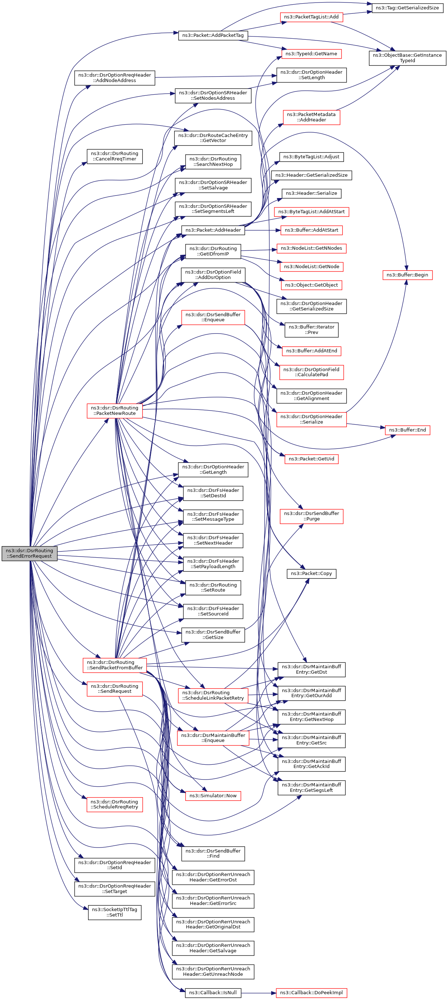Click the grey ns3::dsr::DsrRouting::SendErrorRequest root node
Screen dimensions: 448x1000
click(x=30, y=553)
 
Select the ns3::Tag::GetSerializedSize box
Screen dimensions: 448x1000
click(x=407, y=8)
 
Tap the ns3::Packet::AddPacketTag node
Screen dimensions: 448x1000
click(x=213, y=35)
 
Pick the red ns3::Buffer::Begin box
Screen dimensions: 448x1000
click(x=407, y=275)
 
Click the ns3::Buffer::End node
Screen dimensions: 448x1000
click(x=407, y=430)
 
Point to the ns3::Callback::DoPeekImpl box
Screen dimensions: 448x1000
click(x=312, y=993)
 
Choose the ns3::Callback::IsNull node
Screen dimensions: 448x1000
click(x=213, y=993)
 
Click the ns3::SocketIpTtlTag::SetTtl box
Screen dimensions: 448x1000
click(x=114, y=912)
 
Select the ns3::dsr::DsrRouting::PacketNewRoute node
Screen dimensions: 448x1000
click(x=114, y=411)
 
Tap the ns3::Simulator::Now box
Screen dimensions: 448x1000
click(x=213, y=796)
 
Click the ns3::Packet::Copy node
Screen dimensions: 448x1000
click(x=312, y=574)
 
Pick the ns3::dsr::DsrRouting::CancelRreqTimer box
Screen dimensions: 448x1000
click(x=114, y=156)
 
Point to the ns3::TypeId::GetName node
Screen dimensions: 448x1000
click(x=312, y=53)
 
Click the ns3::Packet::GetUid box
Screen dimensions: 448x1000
click(x=312, y=459)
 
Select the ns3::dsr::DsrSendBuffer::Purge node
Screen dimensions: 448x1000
click(x=312, y=516)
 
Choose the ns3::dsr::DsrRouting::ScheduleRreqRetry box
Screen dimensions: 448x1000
click(x=114, y=804)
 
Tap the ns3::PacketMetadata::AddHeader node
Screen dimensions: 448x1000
click(x=312, y=117)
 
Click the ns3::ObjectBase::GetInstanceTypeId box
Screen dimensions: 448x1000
click(x=407, y=58)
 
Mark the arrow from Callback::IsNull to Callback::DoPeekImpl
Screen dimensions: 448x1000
click(x=259, y=993)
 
